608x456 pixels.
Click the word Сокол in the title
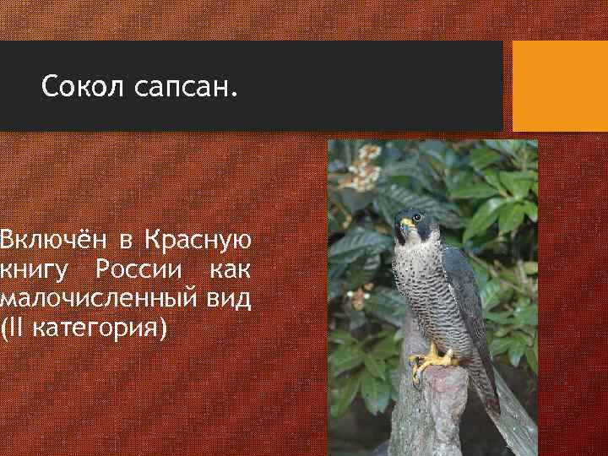(83, 86)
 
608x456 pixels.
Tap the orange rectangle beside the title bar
(560, 86)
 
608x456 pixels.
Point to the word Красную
(197, 242)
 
